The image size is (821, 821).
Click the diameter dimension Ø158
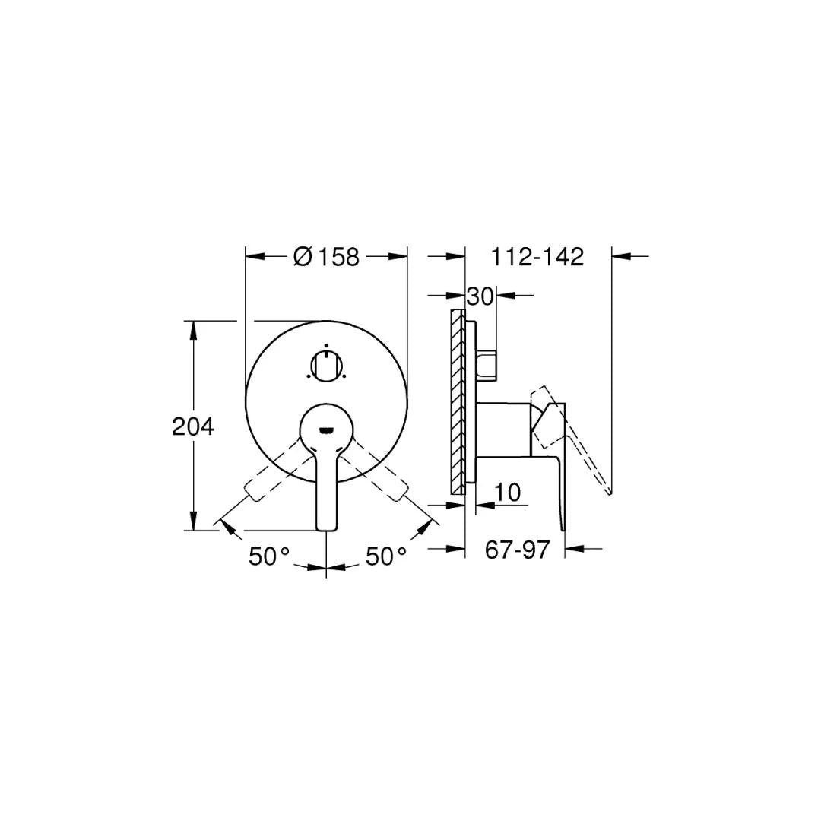[x=326, y=257]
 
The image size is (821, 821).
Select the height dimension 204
[x=193, y=426]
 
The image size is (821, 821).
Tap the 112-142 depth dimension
[x=537, y=257]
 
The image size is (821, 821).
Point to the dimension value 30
[x=480, y=295]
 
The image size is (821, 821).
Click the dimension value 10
[x=507, y=493]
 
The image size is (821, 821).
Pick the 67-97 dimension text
[x=517, y=549]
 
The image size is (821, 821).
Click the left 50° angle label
[x=269, y=556]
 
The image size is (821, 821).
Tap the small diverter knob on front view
[x=325, y=366]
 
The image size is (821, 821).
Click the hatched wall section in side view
[x=457, y=403]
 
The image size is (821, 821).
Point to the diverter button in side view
[x=487, y=364]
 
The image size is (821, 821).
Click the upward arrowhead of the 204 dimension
[x=194, y=328]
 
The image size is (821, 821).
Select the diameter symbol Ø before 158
[x=303, y=257]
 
